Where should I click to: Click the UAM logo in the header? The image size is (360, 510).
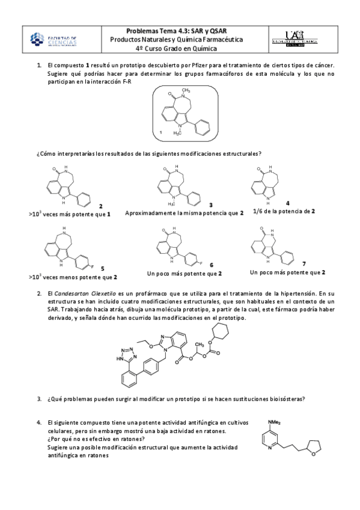[301, 39]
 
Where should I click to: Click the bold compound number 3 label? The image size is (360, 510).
[210, 205]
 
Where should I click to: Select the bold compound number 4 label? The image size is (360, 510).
[288, 203]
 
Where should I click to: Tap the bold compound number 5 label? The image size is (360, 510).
[102, 268]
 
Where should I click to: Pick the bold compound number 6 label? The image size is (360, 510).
[212, 265]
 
